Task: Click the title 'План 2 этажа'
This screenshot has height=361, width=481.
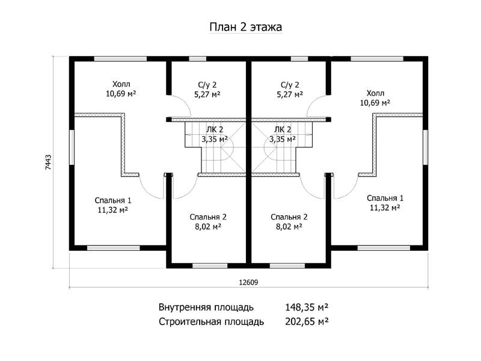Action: [246, 27]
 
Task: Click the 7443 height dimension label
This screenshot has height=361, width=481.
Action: [48, 162]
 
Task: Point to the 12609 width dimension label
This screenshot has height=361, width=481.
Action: [248, 282]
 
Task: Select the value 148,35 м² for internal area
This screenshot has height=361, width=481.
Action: [307, 307]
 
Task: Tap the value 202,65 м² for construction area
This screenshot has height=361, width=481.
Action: [307, 321]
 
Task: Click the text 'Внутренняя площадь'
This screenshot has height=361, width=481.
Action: [206, 307]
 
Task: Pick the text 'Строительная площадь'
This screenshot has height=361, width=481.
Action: [212, 322]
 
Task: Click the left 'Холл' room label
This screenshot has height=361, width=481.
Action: [121, 84]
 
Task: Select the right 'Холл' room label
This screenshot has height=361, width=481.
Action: [375, 93]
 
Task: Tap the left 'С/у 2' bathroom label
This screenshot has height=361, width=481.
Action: [207, 85]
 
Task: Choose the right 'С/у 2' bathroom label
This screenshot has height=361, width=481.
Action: [290, 85]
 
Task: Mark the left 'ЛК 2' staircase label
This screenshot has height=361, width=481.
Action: [215, 129]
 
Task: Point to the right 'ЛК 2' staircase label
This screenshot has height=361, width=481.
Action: [283, 129]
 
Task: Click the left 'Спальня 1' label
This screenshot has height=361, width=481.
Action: [113, 200]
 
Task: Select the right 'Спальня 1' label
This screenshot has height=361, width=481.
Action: [385, 198]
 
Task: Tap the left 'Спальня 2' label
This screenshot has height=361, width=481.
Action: [208, 217]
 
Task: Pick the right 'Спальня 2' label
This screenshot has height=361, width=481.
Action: [289, 217]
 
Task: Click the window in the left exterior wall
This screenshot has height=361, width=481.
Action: [72, 147]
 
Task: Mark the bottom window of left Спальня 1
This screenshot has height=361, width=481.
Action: [114, 248]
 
